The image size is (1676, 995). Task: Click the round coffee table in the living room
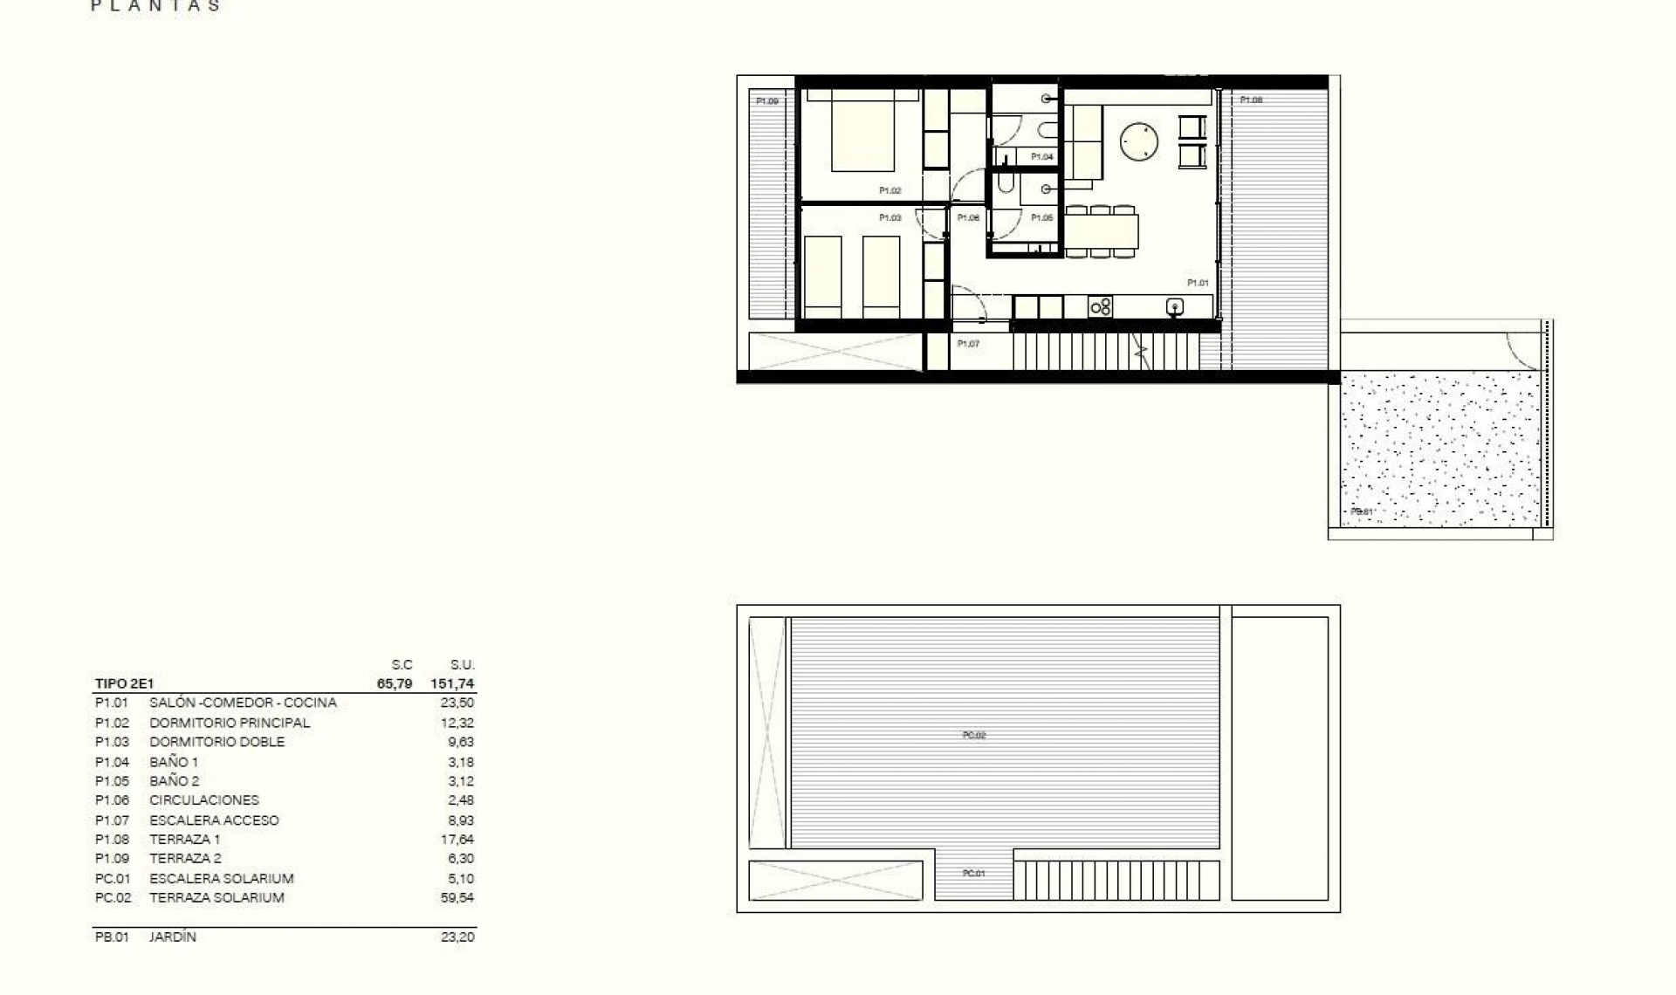coord(1139,141)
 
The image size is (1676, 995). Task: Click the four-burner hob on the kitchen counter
coord(1101,306)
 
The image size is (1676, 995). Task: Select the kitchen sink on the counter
coord(1175,306)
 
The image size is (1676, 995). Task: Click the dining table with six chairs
coord(1101,232)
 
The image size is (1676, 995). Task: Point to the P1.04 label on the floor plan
coord(1041,157)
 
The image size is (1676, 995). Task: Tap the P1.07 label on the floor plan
coord(968,344)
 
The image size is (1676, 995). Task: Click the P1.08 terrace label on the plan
coord(1251,100)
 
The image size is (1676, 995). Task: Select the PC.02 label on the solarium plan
coord(973,736)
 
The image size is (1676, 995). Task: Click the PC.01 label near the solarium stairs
coord(973,874)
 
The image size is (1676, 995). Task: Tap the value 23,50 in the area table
coord(457,703)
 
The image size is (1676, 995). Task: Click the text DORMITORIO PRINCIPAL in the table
coord(230,723)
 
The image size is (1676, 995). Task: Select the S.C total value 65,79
coord(395,684)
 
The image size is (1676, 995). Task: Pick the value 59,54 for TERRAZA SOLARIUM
coord(457,897)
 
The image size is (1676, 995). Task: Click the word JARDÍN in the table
coord(173,937)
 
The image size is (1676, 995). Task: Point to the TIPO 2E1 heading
coord(124,684)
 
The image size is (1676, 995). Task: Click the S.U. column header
coord(462,665)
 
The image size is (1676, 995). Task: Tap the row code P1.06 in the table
coord(112,800)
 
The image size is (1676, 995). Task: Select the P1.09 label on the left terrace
coord(766,101)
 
